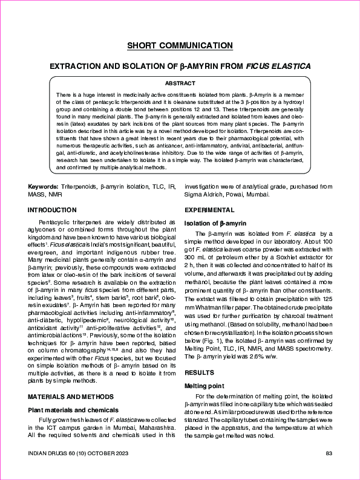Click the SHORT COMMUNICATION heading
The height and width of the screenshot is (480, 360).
pos(180,46)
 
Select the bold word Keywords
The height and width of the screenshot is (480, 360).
pos(44,187)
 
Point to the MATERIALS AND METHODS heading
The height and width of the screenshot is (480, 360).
pos(70,396)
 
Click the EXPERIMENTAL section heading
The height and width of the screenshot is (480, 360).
pos(209,210)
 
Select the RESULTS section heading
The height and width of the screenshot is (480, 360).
pos(199,373)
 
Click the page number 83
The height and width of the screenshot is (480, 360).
pos(329,453)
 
